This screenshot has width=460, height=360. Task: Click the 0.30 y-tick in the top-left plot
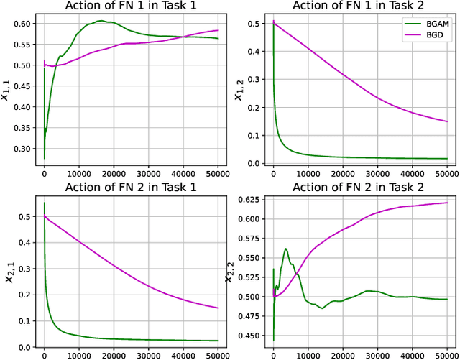click(21, 149)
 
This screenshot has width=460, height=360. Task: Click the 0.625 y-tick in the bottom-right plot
click(246, 200)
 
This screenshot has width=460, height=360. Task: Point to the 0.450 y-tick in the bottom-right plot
click(246, 336)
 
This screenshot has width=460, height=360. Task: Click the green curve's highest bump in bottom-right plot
click(286, 249)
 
